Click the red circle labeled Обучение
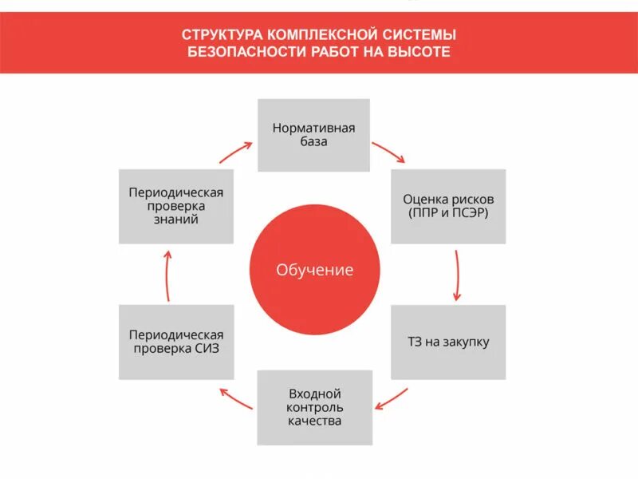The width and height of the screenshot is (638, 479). click(x=313, y=270)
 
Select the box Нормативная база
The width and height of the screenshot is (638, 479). click(x=313, y=135)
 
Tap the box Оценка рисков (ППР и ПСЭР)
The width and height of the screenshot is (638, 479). click(x=448, y=206)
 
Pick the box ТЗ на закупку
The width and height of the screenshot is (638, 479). click(x=448, y=342)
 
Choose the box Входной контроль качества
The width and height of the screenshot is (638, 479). click(x=314, y=407)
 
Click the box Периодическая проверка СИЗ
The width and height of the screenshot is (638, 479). click(x=176, y=342)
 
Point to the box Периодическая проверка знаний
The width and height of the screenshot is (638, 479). click(x=176, y=206)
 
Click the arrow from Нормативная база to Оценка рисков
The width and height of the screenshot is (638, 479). click(x=388, y=151)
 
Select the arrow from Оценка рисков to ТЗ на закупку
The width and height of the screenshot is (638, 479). click(x=457, y=275)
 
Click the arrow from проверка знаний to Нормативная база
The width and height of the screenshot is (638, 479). click(x=236, y=151)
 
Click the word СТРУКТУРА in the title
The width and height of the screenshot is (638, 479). click(x=220, y=34)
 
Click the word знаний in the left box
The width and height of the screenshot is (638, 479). click(x=176, y=220)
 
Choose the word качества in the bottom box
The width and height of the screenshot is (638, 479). click(x=314, y=421)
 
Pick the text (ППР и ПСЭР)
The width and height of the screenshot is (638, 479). click(x=448, y=213)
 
